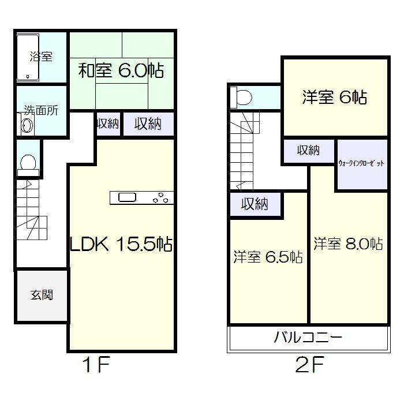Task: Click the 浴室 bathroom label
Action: coord(41,57)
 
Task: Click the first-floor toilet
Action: coord(28,164)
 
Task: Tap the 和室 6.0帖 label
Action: coord(121,72)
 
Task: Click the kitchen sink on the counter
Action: coord(128,198)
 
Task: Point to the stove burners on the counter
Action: coord(161,197)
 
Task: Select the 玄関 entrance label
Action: coord(42,295)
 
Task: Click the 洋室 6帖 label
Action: coord(334,98)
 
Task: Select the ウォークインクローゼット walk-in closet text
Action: coord(362,164)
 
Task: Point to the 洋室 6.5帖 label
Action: coord(268,257)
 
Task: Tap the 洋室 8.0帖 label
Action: coord(348,244)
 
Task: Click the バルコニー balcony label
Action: coord(308,338)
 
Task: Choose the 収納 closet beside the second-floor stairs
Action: coord(255,204)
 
